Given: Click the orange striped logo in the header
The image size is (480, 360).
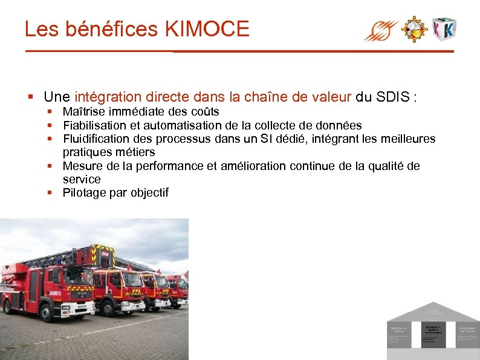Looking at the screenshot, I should [381, 30].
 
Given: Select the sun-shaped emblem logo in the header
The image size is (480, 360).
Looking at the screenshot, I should [415, 28].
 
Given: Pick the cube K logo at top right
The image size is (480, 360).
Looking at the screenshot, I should [445, 29].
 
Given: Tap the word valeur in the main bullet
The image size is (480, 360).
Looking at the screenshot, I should [328, 97].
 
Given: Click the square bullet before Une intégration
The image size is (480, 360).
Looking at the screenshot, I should [30, 97].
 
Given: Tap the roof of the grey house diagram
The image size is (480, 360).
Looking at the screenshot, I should [433, 310].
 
